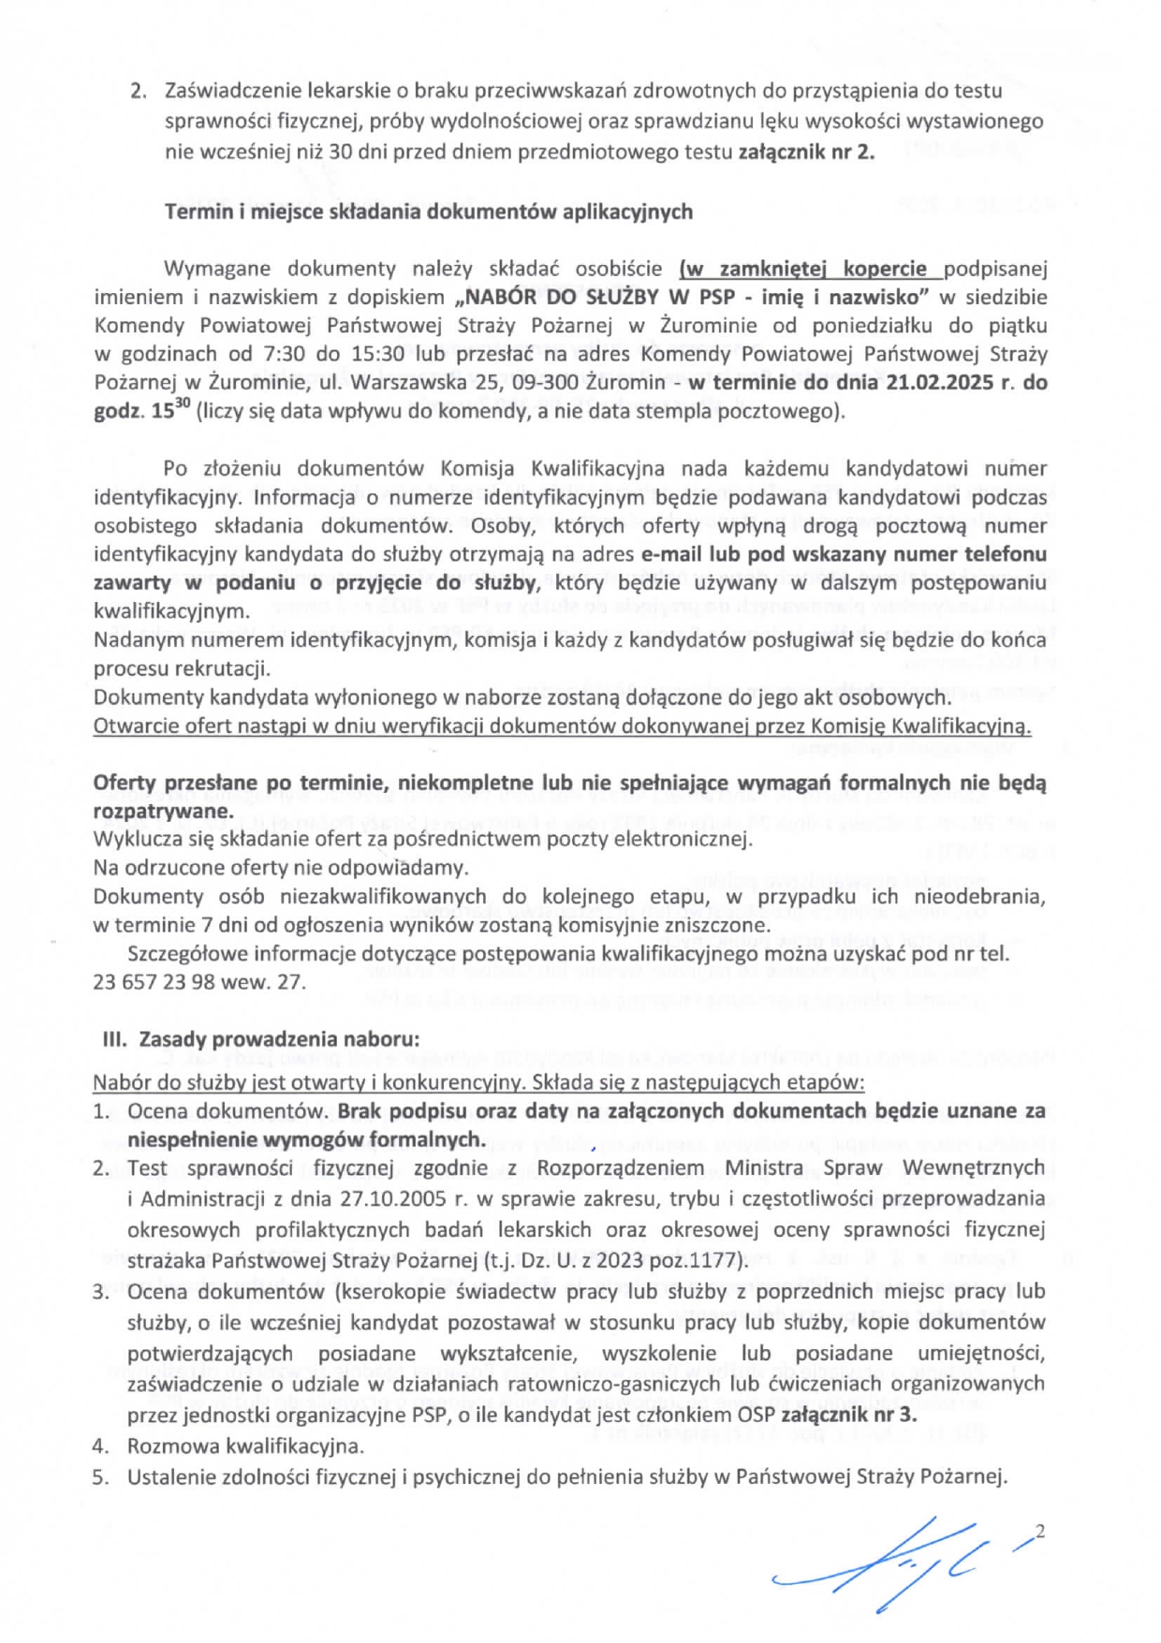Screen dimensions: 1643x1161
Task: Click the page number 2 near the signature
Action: tap(1039, 1533)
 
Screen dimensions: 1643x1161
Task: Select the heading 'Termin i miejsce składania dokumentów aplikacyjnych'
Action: tap(429, 212)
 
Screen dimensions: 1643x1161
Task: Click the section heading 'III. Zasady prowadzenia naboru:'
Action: tap(261, 1039)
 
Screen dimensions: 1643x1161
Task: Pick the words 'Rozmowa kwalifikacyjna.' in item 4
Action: tap(245, 1445)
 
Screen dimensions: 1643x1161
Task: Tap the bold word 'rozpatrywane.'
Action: tap(163, 811)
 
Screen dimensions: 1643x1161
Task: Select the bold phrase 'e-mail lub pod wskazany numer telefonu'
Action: tap(844, 553)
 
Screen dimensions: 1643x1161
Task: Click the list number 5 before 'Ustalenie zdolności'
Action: tap(101, 1477)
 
